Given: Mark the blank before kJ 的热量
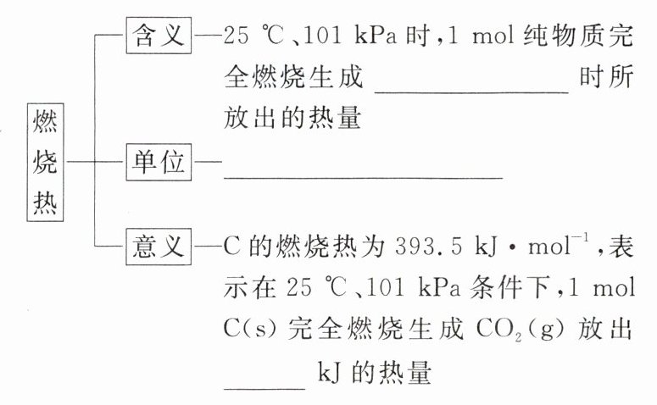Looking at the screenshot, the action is click(x=264, y=385).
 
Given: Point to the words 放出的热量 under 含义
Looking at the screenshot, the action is click(x=293, y=119).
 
